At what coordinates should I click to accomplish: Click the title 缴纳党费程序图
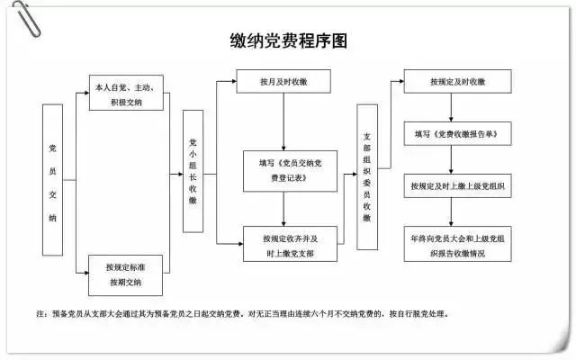[288, 41]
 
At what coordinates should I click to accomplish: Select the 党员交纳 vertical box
[53, 179]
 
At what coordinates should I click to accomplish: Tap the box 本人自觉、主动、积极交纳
[126, 93]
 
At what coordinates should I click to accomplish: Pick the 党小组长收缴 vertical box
[193, 171]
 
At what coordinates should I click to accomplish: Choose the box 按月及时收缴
[283, 82]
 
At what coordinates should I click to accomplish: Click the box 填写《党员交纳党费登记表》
[283, 170]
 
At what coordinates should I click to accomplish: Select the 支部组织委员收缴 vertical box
[367, 176]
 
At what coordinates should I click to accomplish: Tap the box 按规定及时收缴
[457, 82]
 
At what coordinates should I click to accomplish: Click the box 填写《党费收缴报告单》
[457, 133]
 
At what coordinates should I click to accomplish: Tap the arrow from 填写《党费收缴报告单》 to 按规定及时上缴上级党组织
[457, 159]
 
